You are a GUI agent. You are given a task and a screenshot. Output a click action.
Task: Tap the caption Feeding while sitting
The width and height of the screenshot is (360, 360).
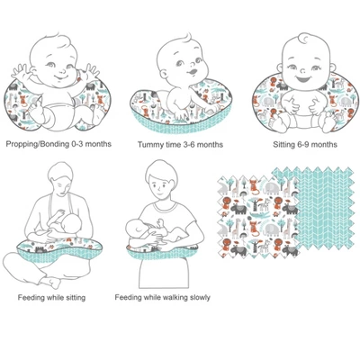point(58,296)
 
